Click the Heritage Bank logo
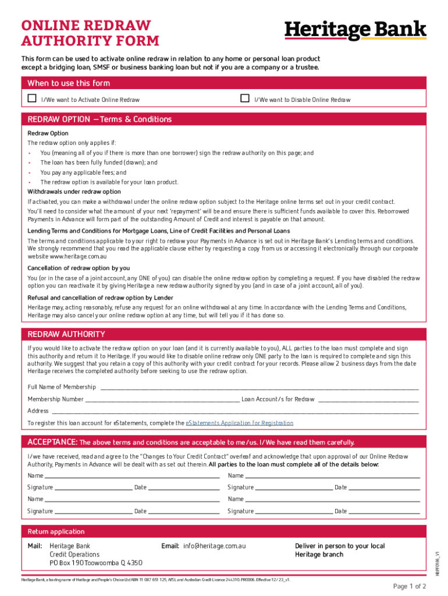tap(355, 30)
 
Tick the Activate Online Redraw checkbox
tap(33, 99)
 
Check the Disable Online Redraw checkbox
tap(245, 99)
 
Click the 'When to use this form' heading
tap(69, 83)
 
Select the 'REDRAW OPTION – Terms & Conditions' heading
tap(99, 119)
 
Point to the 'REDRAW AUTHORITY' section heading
tap(66, 335)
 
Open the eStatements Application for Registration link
tap(239, 423)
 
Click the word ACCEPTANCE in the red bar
tap(52, 442)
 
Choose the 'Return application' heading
tap(56, 531)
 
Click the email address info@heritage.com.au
tap(215, 546)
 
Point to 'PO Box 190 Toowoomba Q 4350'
tap(95, 563)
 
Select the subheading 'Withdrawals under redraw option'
tap(74, 191)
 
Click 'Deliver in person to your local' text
tap(340, 546)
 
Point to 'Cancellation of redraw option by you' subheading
tap(79, 268)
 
